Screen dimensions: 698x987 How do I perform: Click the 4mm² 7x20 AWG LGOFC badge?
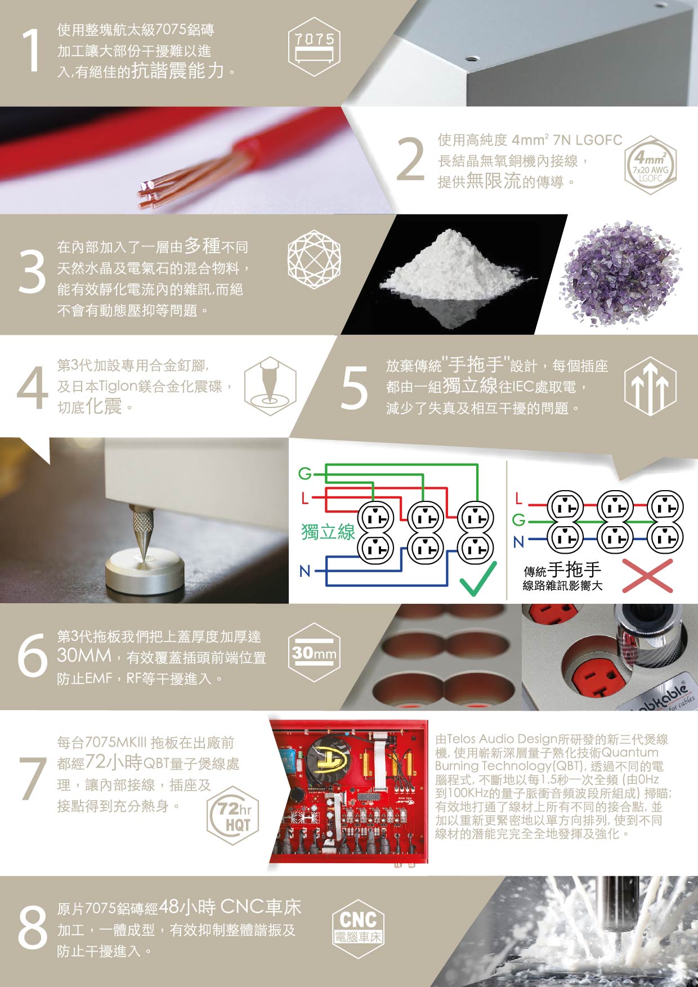(x=650, y=165)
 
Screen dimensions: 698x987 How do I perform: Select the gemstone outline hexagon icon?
(x=314, y=259)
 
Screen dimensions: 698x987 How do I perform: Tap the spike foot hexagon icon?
(x=270, y=386)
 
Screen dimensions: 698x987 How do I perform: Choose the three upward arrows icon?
(x=650, y=386)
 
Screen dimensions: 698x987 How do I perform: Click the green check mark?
(x=478, y=578)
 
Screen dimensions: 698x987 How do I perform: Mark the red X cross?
(x=647, y=576)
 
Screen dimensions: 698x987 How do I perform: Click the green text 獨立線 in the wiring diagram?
(x=328, y=531)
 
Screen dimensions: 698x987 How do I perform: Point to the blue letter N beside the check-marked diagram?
(x=305, y=571)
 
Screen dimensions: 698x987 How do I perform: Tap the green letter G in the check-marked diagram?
(x=305, y=474)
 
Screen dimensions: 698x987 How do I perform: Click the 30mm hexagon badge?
(x=314, y=653)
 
